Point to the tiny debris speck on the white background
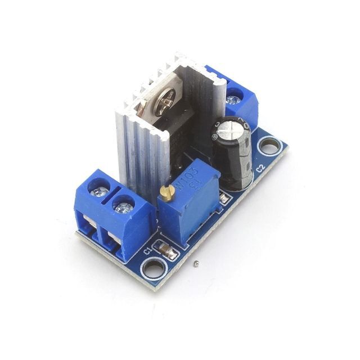pos(196,263)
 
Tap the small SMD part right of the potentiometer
pos(225,198)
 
